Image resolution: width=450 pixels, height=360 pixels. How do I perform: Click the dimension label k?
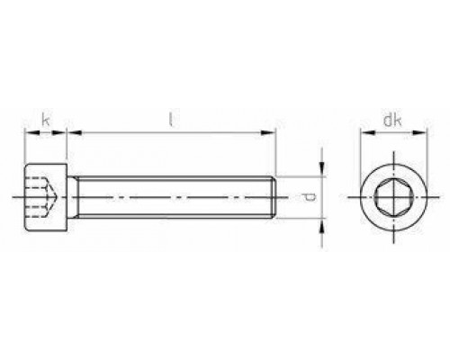tap(45, 118)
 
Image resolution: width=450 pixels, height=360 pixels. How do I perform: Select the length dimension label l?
tap(171, 117)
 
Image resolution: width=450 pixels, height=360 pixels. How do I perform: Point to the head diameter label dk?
tap(391, 117)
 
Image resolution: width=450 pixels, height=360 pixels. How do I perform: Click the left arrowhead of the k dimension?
tap(28, 133)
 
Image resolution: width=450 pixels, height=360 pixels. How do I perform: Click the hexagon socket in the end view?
tap(392, 195)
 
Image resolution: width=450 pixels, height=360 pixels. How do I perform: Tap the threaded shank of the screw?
tap(171, 195)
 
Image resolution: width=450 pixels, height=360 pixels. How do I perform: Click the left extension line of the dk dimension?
tap(362, 153)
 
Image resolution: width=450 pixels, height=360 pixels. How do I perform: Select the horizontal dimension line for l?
tap(171, 133)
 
